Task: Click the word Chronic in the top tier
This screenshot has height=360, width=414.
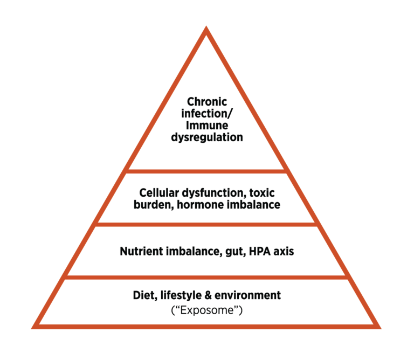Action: click(x=207, y=101)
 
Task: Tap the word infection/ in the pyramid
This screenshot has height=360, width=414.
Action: click(x=207, y=113)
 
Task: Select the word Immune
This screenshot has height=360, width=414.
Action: click(x=207, y=125)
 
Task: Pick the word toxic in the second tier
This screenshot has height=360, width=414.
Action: click(x=264, y=192)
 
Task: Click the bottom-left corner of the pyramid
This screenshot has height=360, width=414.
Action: click(x=34, y=326)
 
